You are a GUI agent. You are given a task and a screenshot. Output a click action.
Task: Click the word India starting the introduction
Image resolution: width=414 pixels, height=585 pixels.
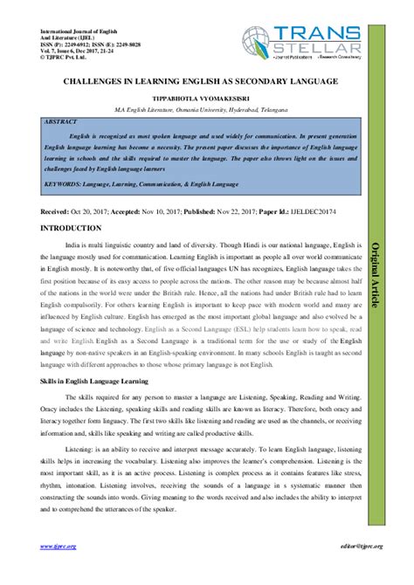[75, 247]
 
